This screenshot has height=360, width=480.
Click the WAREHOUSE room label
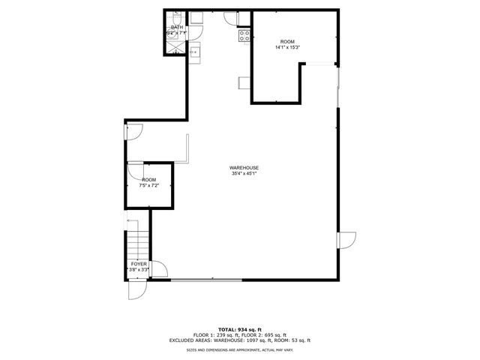point(244,167)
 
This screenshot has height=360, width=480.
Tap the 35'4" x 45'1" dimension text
point(244,173)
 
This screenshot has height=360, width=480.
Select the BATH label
point(176,28)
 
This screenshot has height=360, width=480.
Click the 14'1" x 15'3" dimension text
point(287,47)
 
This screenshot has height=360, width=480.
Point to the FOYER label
point(139,264)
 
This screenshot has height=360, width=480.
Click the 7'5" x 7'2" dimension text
point(149,185)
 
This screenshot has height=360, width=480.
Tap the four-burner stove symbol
point(244,35)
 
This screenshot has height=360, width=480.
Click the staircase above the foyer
point(137,240)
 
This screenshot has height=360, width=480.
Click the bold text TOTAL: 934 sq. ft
point(240,329)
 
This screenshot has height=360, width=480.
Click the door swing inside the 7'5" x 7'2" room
point(136,171)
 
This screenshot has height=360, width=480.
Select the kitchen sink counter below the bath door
point(194,52)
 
